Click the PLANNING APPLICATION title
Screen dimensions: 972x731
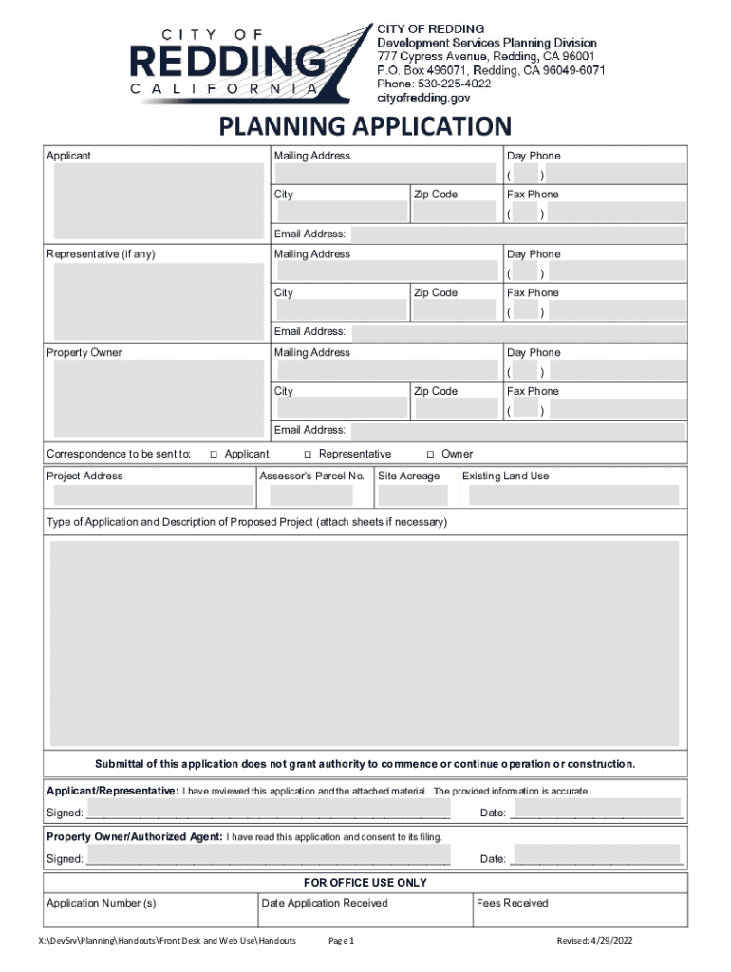[365, 126]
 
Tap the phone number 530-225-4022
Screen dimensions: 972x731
[448, 84]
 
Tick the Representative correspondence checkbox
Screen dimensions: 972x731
[308, 455]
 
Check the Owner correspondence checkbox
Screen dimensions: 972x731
[431, 455]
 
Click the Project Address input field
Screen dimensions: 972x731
[150, 495]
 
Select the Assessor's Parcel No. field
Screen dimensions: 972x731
[310, 495]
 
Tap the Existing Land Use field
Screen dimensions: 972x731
[571, 495]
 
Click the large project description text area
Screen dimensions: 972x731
[365, 644]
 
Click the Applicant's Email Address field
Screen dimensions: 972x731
[517, 234]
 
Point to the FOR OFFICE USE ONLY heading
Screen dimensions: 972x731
[365, 883]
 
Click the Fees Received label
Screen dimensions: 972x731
[512, 903]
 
